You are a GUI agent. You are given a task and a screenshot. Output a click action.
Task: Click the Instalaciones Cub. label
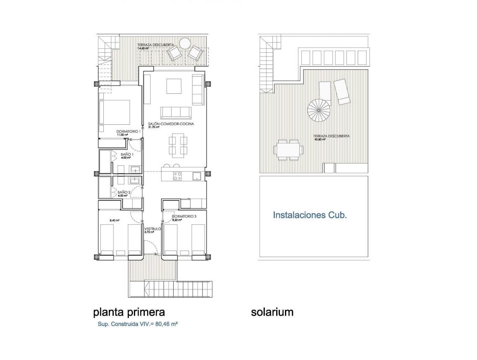tap(310, 215)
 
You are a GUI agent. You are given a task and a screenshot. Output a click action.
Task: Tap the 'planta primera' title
tap(129, 312)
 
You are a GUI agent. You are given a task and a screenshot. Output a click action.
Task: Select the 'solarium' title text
tap(272, 312)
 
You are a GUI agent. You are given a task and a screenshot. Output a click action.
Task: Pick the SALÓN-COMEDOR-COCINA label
tap(171, 124)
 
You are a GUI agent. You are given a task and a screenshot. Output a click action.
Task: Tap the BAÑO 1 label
tap(127, 154)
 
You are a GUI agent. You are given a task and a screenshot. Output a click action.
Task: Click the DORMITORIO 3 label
tap(184, 216)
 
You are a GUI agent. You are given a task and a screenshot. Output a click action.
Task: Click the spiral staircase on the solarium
tap(319, 110)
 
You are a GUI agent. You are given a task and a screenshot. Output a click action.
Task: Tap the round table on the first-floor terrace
tap(185, 43)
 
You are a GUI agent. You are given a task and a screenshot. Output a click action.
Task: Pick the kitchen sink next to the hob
tap(197, 176)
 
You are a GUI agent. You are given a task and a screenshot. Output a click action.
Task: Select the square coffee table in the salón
tap(174, 86)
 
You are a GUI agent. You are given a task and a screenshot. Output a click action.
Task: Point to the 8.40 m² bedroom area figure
tap(115, 220)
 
